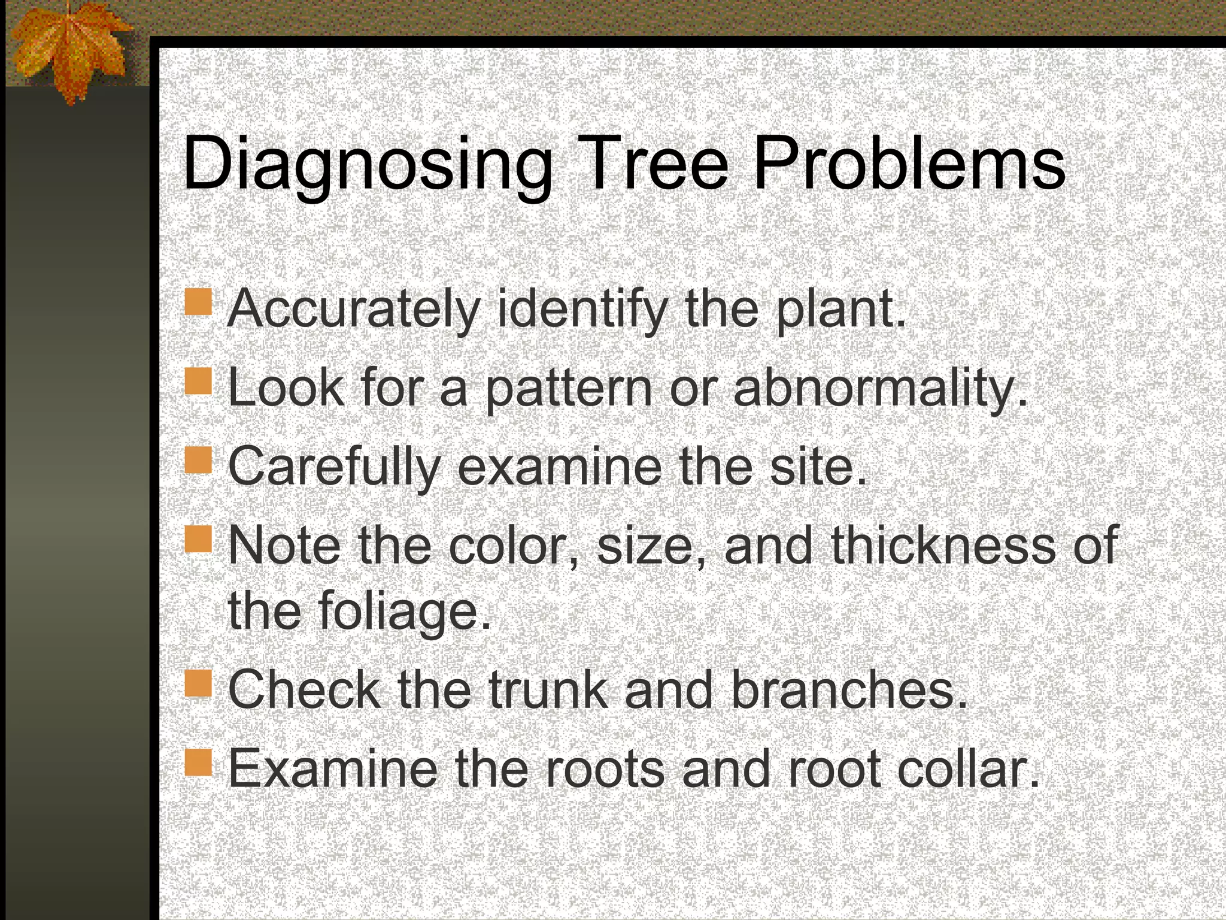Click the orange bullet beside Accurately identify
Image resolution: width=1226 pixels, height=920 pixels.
point(198,302)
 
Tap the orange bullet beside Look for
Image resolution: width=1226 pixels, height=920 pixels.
point(198,381)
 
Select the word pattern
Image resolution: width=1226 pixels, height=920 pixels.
point(568,390)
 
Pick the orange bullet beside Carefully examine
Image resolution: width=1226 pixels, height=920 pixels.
point(198,460)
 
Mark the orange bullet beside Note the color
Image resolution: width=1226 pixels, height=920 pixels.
point(198,539)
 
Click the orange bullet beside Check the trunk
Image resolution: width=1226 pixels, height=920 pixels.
point(198,683)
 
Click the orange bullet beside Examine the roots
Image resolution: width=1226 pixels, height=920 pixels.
point(198,762)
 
